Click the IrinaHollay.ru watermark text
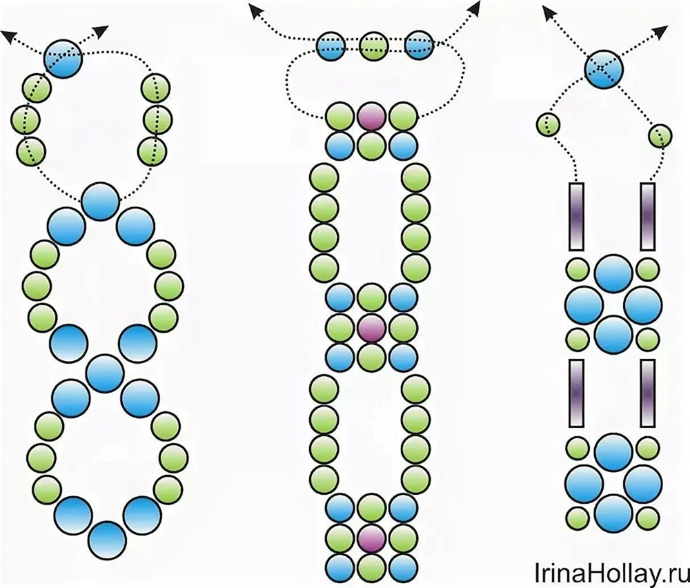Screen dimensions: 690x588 (x=611, y=573)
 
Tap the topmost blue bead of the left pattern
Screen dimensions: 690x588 (x=63, y=59)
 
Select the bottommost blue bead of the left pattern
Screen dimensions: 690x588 (x=108, y=540)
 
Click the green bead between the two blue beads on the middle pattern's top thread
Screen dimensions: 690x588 (x=374, y=46)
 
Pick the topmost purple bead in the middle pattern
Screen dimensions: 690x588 (x=371, y=117)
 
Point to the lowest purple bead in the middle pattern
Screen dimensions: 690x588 (x=371, y=538)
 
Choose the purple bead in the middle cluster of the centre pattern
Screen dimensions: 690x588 (x=371, y=329)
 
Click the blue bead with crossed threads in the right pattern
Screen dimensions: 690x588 (x=604, y=68)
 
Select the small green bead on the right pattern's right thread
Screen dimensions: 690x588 (x=660, y=135)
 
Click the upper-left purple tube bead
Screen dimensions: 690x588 (x=577, y=216)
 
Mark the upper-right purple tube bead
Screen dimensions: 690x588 (x=647, y=216)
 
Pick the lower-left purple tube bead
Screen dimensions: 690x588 (x=577, y=393)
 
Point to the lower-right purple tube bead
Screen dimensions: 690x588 (x=647, y=393)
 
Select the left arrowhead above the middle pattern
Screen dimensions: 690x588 (x=255, y=9)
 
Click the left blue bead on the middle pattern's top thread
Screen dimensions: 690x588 (x=331, y=46)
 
